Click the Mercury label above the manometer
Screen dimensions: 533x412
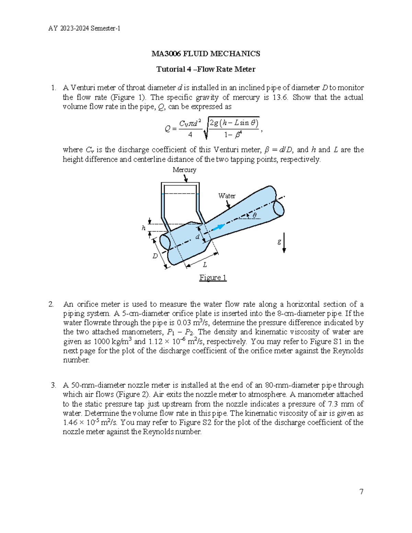coord(184,170)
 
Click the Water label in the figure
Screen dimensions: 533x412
coord(227,196)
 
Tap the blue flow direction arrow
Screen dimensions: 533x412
coord(218,227)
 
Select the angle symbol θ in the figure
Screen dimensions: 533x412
coord(254,216)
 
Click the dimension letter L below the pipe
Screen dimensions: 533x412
coord(205,265)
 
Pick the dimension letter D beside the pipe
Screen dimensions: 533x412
coord(155,256)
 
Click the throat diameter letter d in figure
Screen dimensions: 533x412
coord(197,237)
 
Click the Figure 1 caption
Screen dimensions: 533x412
coord(213,278)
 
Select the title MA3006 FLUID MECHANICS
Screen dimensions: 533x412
coord(206,54)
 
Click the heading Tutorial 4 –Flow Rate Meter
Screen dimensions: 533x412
coord(206,69)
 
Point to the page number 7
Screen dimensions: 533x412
coord(361,492)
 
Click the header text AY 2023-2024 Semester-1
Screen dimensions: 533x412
coord(84,28)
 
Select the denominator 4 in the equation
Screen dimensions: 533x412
coord(190,135)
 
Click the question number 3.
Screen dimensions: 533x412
coord(53,385)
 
